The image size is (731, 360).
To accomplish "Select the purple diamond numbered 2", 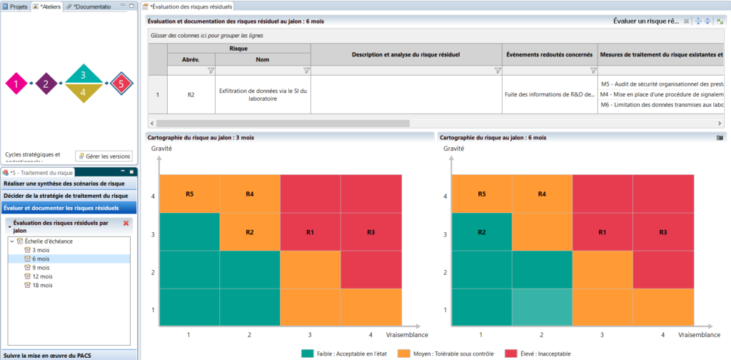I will click(x=46, y=84).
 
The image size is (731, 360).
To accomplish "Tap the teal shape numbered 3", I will click(x=84, y=74).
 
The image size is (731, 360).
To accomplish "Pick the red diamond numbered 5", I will click(x=121, y=84).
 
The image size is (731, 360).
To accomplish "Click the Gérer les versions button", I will click(x=104, y=156).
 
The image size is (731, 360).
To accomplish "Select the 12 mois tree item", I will click(x=41, y=276).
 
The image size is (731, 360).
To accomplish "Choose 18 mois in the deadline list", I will click(x=41, y=284).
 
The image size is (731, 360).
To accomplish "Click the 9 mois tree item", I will click(x=40, y=267).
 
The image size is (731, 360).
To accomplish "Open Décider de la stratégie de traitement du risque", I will click(x=66, y=196).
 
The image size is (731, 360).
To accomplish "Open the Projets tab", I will click(x=15, y=6).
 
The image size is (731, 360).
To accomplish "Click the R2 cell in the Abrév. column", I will click(x=191, y=94).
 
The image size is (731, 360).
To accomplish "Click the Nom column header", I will click(x=262, y=60).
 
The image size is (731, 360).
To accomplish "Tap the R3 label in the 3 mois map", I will click(x=370, y=232).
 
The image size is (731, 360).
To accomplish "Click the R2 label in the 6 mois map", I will click(x=482, y=232).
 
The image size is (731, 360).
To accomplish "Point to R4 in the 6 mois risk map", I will click(x=542, y=194).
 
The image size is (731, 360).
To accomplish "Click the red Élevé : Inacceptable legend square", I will click(x=510, y=353).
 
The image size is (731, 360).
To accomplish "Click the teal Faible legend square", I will click(x=307, y=353).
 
